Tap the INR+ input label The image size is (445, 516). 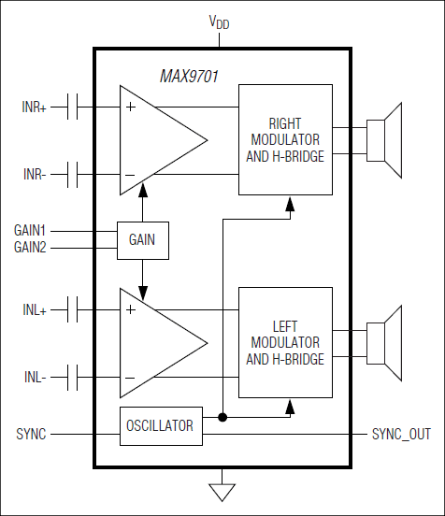coord(35,107)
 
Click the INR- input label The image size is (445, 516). coord(35,175)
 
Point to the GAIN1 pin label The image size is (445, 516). coord(30,230)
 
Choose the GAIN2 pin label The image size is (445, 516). coord(30,247)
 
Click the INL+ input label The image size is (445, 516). coord(35,309)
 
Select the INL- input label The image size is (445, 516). coord(35,378)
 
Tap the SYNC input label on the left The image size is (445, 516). coord(31,435)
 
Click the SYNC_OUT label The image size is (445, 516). coord(403,435)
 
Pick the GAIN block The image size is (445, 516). coord(143,240)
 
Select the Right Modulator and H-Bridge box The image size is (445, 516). coord(285,139)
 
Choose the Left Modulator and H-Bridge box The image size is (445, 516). coord(285,342)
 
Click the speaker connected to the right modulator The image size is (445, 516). coord(384,139)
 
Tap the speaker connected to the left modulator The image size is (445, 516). coord(384,342)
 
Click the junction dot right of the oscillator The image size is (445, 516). coord(222,417)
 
